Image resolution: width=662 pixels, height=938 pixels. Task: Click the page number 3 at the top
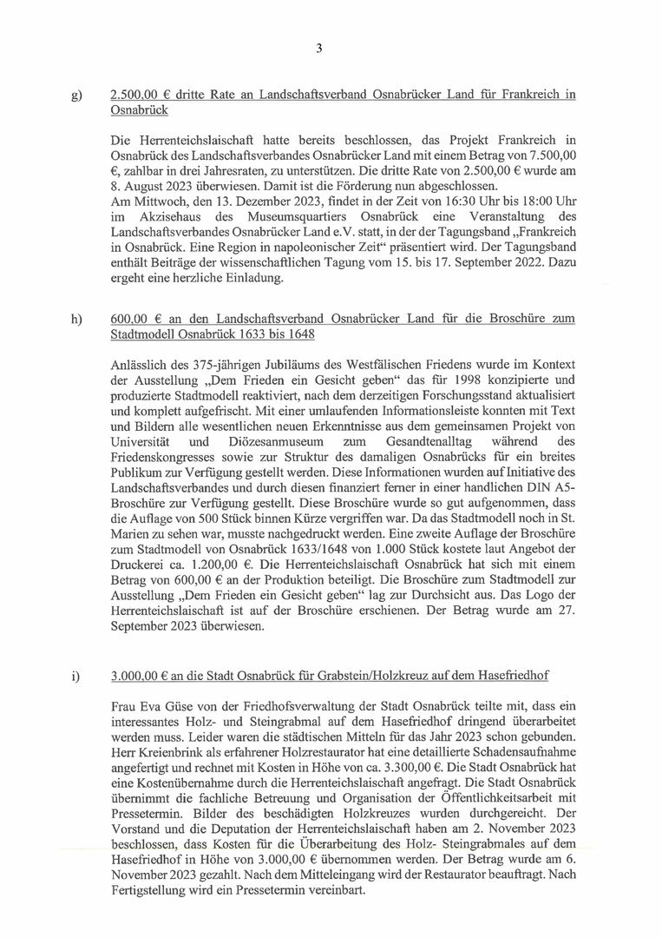click(x=319, y=49)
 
